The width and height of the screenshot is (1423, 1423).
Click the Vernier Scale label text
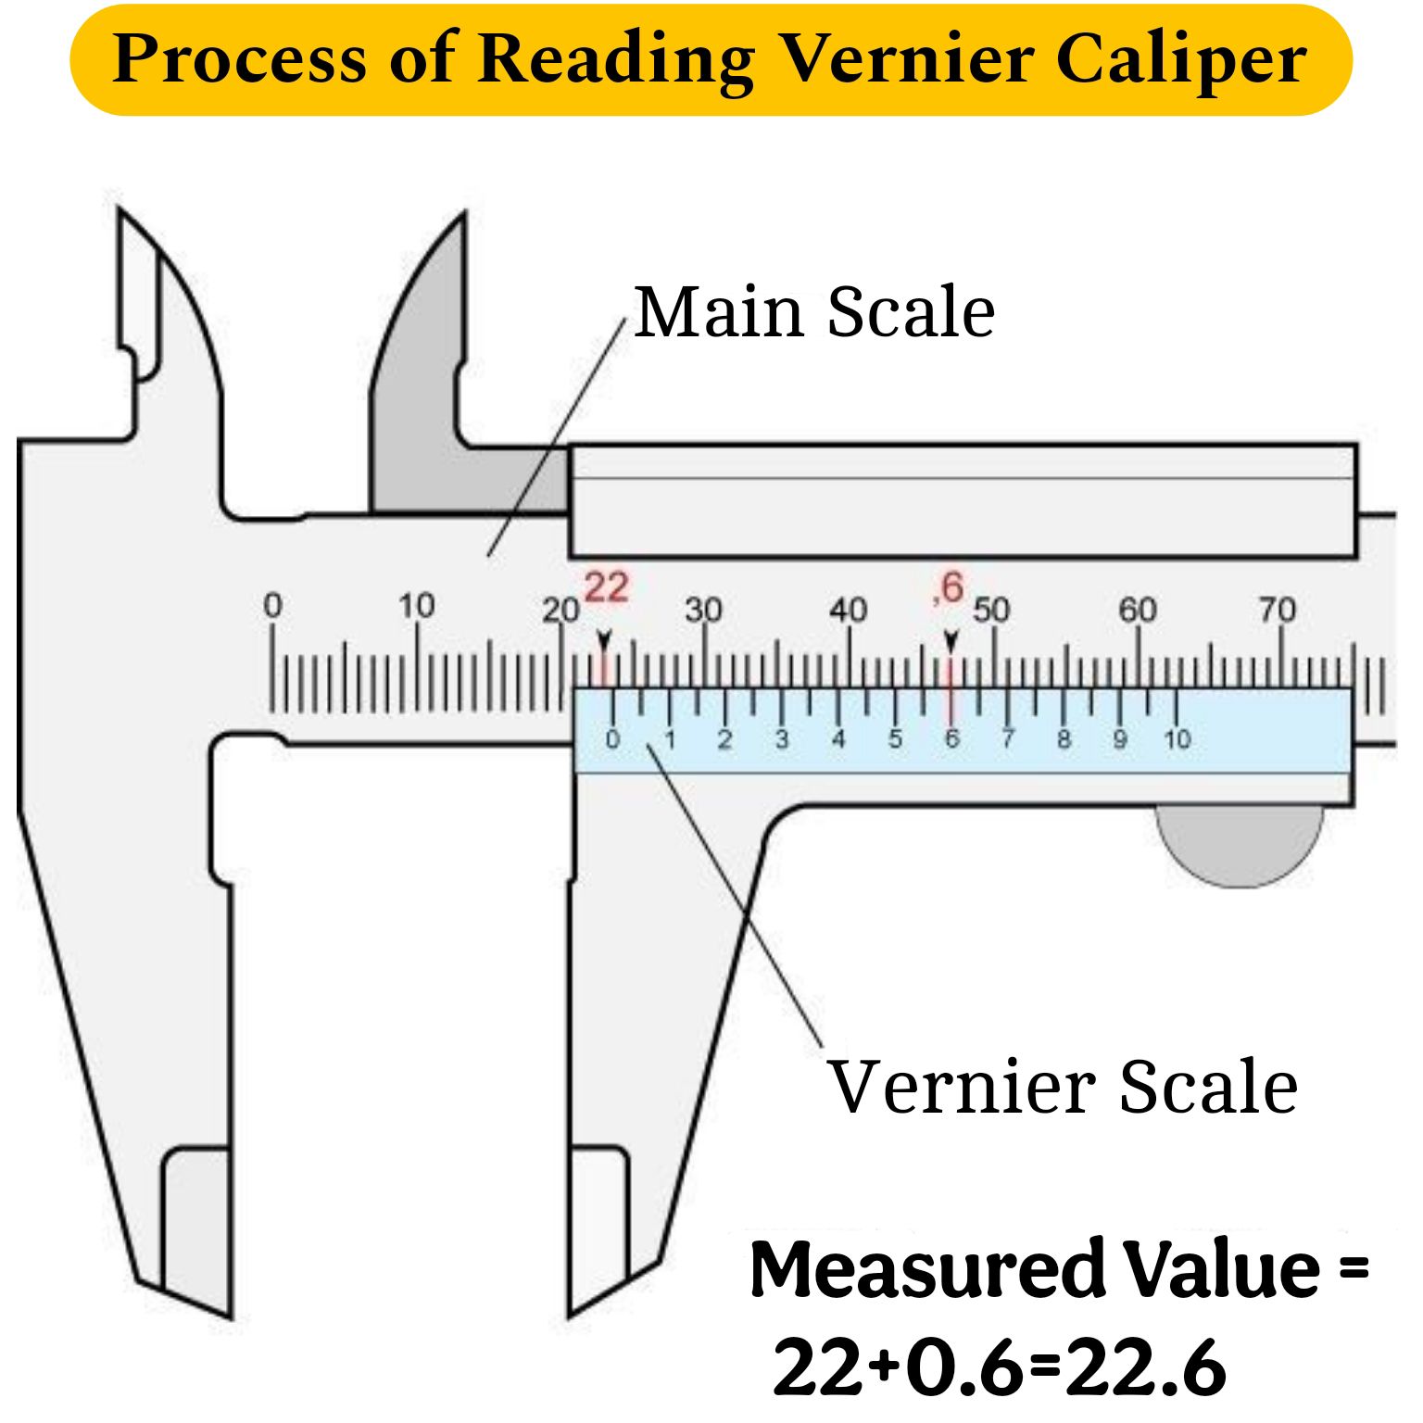click(1063, 1086)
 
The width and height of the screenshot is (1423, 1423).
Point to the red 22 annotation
click(607, 586)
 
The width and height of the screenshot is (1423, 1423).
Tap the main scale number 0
click(272, 606)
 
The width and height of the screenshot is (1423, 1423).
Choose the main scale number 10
click(417, 606)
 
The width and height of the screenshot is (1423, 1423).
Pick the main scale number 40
click(848, 610)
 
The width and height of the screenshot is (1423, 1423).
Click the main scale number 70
click(1277, 610)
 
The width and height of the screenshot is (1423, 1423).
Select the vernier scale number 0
click(612, 739)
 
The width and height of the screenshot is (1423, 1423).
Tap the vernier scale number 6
click(951, 739)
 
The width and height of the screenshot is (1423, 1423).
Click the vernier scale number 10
click(1177, 739)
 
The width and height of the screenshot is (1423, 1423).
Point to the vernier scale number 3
click(782, 739)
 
